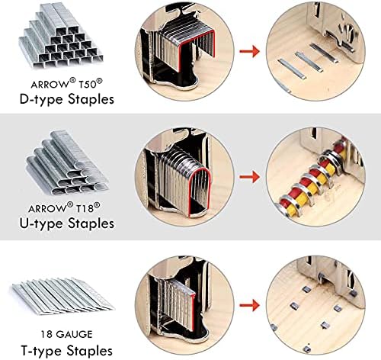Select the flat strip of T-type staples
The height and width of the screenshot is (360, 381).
[62, 294]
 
